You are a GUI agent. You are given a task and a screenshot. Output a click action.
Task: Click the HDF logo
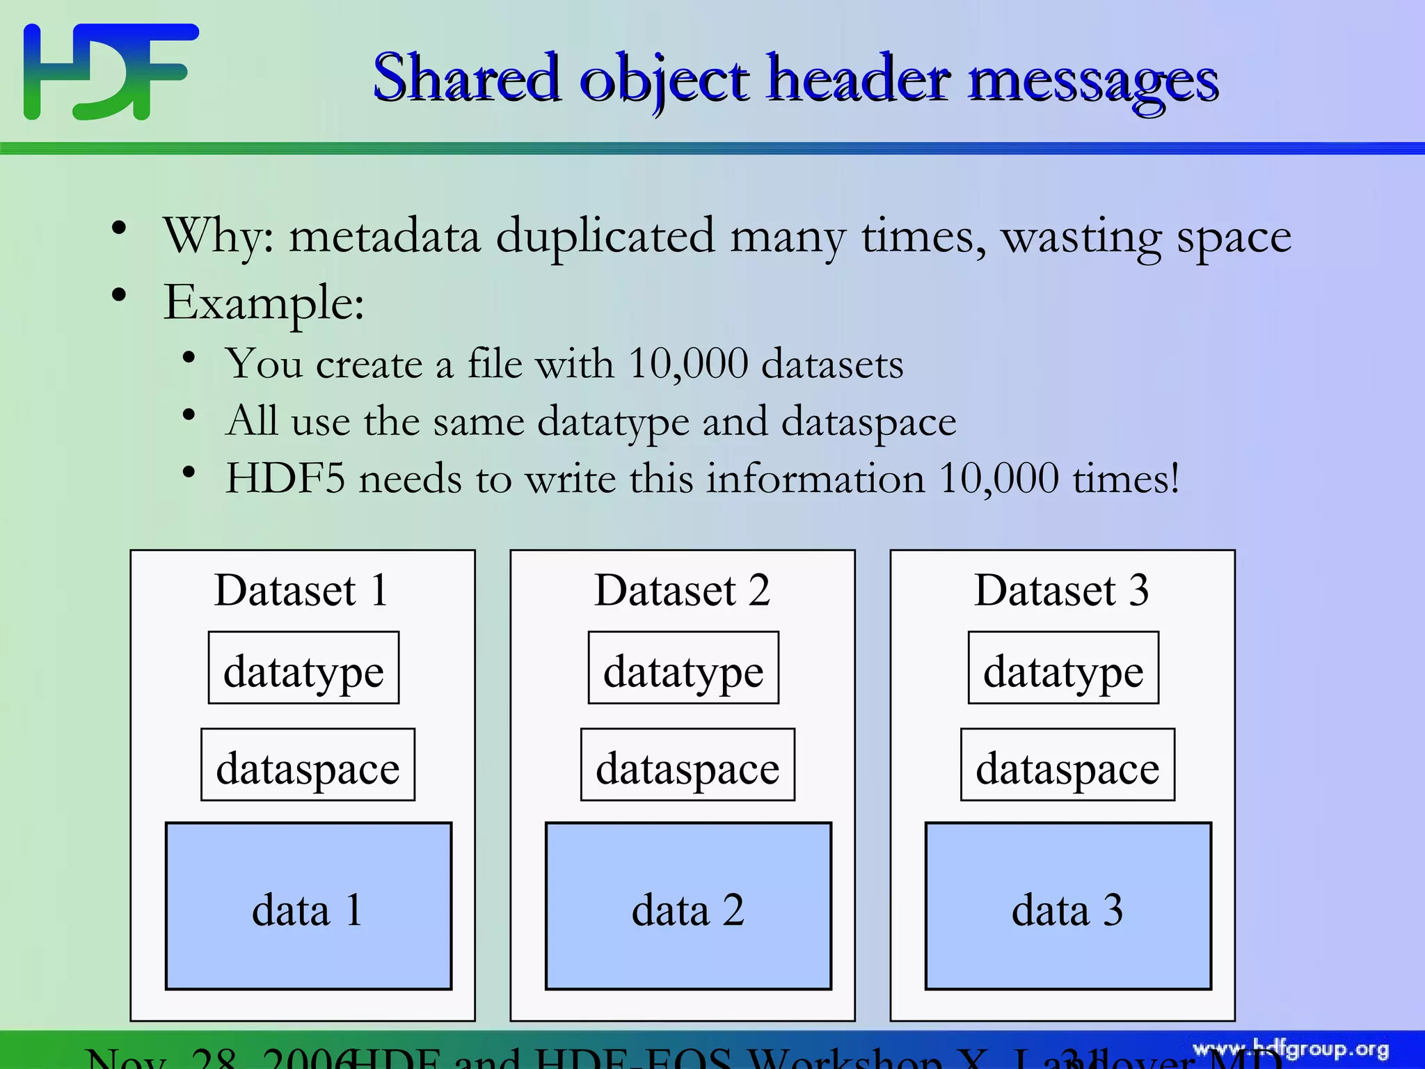coord(111,71)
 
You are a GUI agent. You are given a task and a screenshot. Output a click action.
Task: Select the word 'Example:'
coord(264,303)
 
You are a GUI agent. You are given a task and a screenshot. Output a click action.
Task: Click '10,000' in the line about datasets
coord(687,364)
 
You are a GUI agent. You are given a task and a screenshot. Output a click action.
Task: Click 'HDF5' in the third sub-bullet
coord(285,479)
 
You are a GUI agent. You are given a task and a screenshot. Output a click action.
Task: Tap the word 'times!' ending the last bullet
coord(1126,479)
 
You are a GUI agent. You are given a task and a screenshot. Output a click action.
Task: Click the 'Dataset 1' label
coord(301,591)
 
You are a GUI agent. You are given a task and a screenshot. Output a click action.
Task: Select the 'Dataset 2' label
coord(682,591)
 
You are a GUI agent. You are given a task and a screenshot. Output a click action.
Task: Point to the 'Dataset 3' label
coord(1062,591)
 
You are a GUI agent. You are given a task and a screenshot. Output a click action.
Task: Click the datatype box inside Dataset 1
coord(303,668)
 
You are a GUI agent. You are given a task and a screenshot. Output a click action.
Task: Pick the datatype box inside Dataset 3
coord(1063,668)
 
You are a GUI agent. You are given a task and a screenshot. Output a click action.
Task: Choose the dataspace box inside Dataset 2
coord(687,765)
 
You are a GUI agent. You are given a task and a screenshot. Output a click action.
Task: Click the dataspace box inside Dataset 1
coord(308,765)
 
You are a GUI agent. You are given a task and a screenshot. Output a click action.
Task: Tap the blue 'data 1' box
coord(308,906)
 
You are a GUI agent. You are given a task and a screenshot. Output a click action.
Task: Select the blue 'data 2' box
coord(688,906)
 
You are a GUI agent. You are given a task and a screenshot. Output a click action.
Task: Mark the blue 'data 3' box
coord(1068,906)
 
